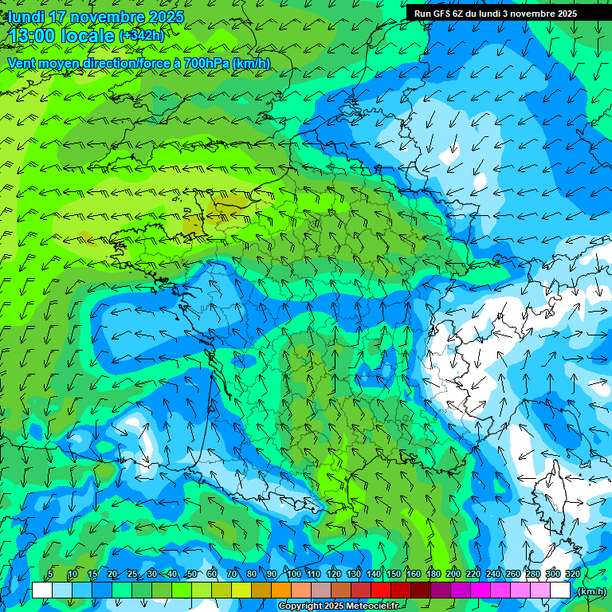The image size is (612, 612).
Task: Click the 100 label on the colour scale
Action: coord(294,574)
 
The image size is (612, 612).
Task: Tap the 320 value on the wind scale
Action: coord(572,574)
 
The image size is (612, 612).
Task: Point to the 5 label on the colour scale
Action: coord(50,574)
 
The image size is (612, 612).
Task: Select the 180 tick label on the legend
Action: coord(433,574)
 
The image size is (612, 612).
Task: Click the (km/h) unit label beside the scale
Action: coord(590,591)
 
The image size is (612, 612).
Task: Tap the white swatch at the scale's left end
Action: coord(42,590)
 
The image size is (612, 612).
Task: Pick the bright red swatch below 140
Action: coord(381,590)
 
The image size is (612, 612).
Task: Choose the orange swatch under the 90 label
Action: coord(280,590)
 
